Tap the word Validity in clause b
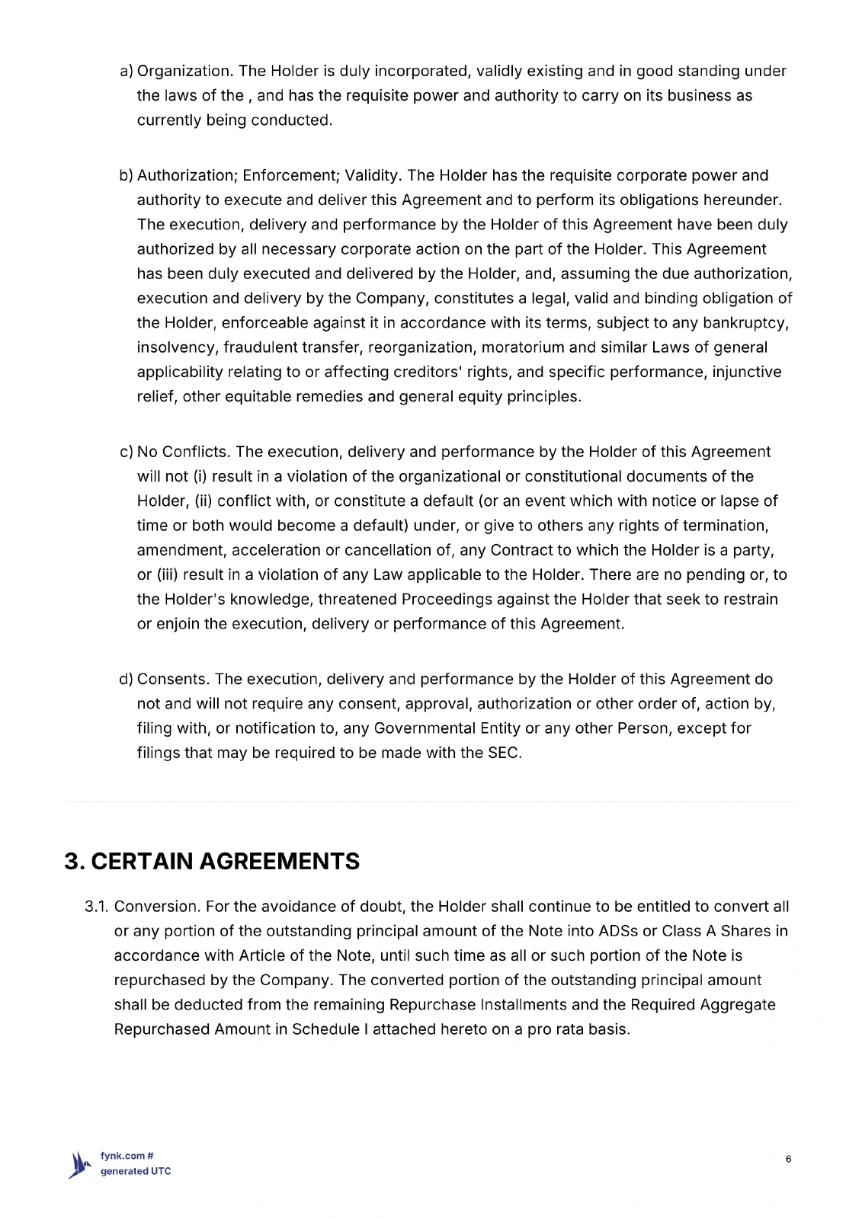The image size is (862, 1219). pyautogui.click(x=372, y=176)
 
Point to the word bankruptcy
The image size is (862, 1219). pyautogui.click(x=745, y=323)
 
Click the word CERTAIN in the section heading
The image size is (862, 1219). pyautogui.click(x=141, y=862)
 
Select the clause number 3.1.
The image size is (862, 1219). pyautogui.click(x=97, y=907)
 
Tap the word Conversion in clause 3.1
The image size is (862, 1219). pyautogui.click(x=156, y=907)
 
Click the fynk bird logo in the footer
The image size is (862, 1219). pyautogui.click(x=80, y=1164)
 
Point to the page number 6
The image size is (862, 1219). pyautogui.click(x=788, y=1160)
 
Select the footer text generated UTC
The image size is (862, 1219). pyautogui.click(x=136, y=1172)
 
